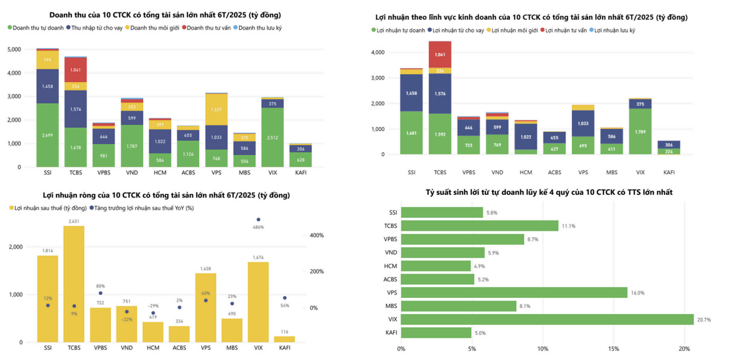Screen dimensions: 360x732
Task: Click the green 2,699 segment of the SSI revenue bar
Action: pyautogui.click(x=47, y=135)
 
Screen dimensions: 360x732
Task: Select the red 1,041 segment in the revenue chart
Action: pyautogui.click(x=75, y=69)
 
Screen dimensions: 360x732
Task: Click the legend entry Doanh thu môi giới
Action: pyautogui.click(x=154, y=28)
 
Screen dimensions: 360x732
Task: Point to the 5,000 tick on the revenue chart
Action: pyautogui.click(x=14, y=49)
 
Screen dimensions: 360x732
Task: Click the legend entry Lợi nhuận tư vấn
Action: pyautogui.click(x=566, y=31)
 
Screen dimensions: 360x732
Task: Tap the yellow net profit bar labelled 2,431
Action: pyautogui.click(x=74, y=284)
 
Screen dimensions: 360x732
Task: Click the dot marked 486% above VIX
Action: pyautogui.click(x=258, y=219)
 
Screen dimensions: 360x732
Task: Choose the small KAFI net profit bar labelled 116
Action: pyautogui.click(x=284, y=339)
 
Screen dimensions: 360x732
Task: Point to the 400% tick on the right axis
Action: pyautogui.click(x=316, y=235)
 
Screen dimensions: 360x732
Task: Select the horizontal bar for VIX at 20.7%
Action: pyautogui.click(x=547, y=319)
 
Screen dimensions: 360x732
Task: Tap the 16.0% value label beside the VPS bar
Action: pyautogui.click(x=638, y=293)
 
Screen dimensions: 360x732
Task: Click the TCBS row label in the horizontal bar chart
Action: pyautogui.click(x=391, y=226)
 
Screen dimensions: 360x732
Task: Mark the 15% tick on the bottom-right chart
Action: pyautogui.click(x=614, y=348)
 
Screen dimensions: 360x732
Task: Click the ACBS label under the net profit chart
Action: pyautogui.click(x=179, y=348)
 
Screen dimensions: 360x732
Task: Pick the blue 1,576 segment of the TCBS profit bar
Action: pyautogui.click(x=439, y=94)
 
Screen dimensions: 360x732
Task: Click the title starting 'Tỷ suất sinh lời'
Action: pyautogui.click(x=549, y=193)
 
